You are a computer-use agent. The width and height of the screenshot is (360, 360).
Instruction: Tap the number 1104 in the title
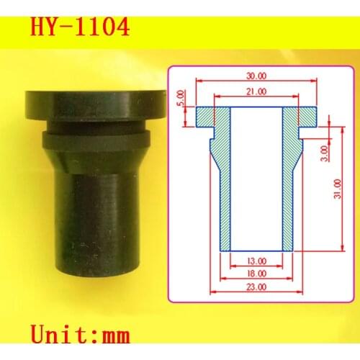100,27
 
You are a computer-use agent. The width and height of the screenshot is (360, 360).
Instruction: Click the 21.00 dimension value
256,91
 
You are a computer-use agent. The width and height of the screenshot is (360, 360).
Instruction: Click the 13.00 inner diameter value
256,261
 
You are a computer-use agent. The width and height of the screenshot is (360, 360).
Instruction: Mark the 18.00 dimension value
256,274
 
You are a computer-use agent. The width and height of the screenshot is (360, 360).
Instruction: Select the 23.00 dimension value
256,287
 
